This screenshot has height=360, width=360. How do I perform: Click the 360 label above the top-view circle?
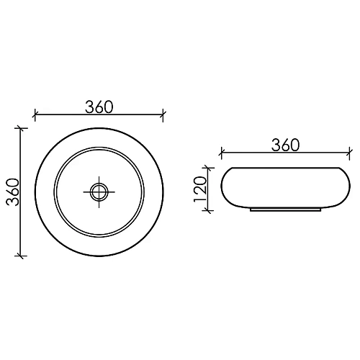point(99,107)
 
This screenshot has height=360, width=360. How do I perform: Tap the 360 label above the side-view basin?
point(286,145)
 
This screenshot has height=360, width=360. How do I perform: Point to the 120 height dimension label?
point(201,189)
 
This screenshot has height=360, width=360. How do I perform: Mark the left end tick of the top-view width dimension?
point(35,113)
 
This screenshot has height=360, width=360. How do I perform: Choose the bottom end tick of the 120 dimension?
point(209,210)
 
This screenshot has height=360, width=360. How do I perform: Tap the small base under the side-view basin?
point(286,212)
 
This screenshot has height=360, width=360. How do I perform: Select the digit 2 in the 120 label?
point(201,189)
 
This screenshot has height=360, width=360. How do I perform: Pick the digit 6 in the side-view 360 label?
point(286,145)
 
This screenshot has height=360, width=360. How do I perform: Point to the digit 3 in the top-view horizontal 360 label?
point(90,107)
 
